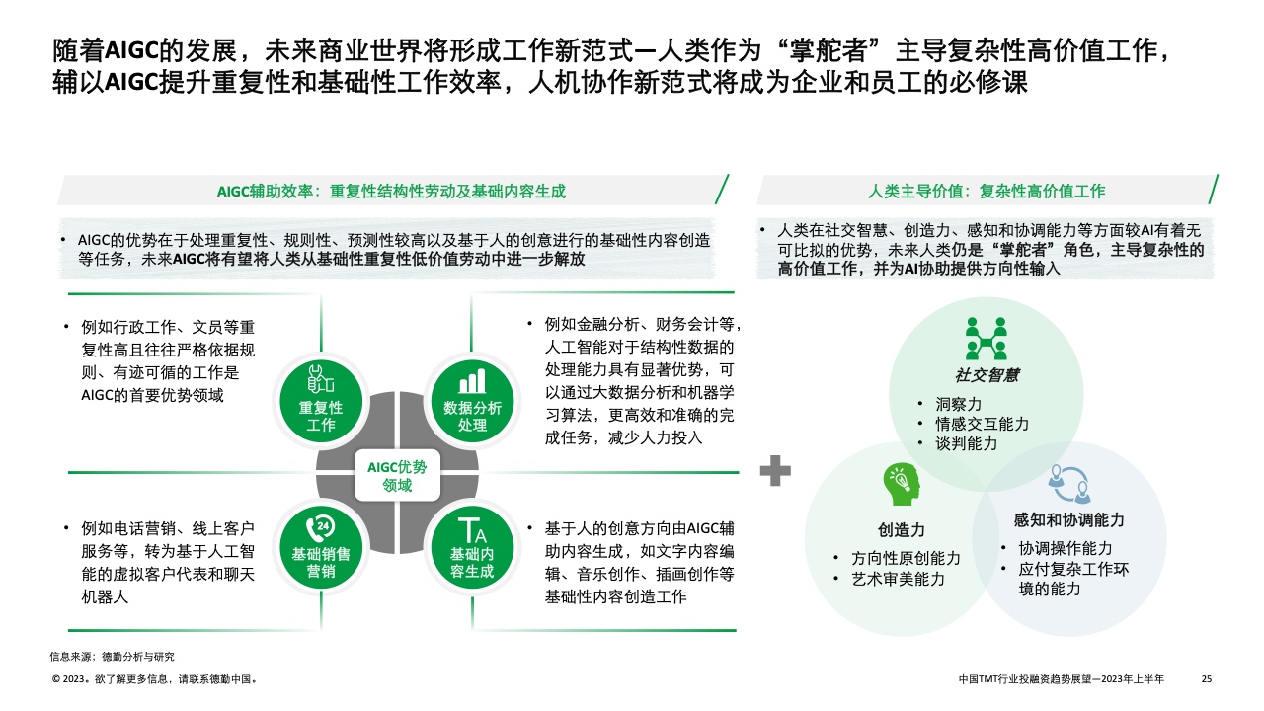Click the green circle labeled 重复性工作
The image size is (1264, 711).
321,400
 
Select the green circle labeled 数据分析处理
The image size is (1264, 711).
472,400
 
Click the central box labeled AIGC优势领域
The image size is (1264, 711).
397,476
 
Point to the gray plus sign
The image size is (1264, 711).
775,471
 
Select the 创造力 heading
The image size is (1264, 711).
902,530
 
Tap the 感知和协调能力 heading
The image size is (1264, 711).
1069,520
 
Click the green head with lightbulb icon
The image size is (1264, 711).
902,484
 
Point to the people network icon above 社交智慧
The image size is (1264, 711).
986,338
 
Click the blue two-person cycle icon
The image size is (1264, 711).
1069,481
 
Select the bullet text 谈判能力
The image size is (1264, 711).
967,443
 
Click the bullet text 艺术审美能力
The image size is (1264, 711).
899,579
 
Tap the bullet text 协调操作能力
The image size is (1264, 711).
1066,548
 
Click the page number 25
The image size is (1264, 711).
1206,679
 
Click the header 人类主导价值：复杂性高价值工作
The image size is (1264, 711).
987,192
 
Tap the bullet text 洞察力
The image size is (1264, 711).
959,404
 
